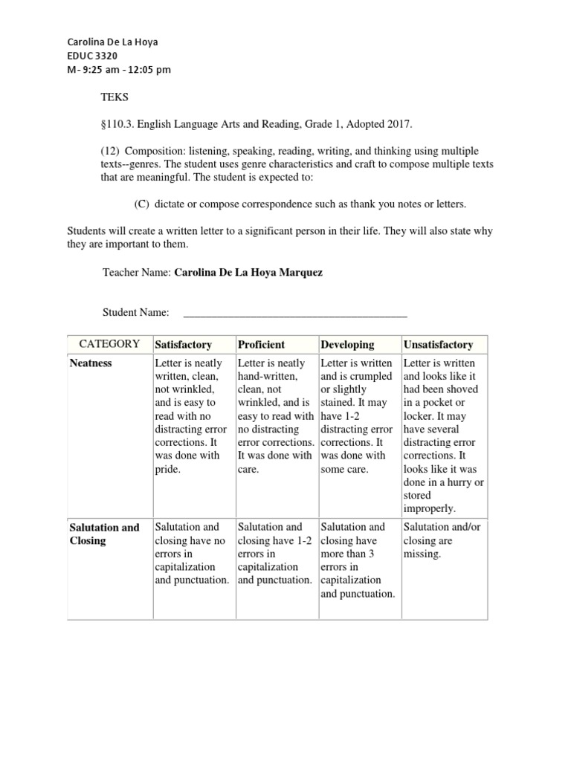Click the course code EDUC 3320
click(x=92, y=56)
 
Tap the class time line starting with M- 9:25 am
click(x=119, y=70)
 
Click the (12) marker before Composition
click(x=112, y=151)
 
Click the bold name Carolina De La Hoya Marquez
click(x=248, y=273)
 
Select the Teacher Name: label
click(x=136, y=273)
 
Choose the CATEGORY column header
click(x=109, y=344)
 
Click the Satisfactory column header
click(x=183, y=345)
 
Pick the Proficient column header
click(x=261, y=345)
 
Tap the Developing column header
click(x=347, y=345)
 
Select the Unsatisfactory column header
click(x=437, y=345)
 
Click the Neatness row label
click(x=91, y=363)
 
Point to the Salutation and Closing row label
click(x=104, y=534)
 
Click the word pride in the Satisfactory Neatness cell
click(x=167, y=470)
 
